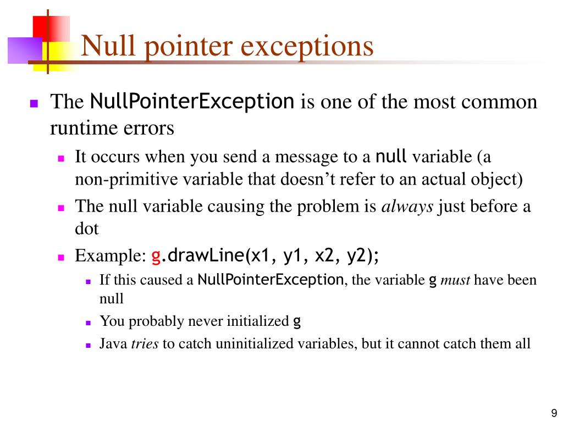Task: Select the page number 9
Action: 554,413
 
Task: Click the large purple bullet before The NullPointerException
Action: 35,103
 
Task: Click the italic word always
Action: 407,207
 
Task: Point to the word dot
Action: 87,229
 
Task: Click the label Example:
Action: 110,256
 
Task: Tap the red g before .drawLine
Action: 156,256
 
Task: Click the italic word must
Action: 455,280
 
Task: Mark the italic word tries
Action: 145,344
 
